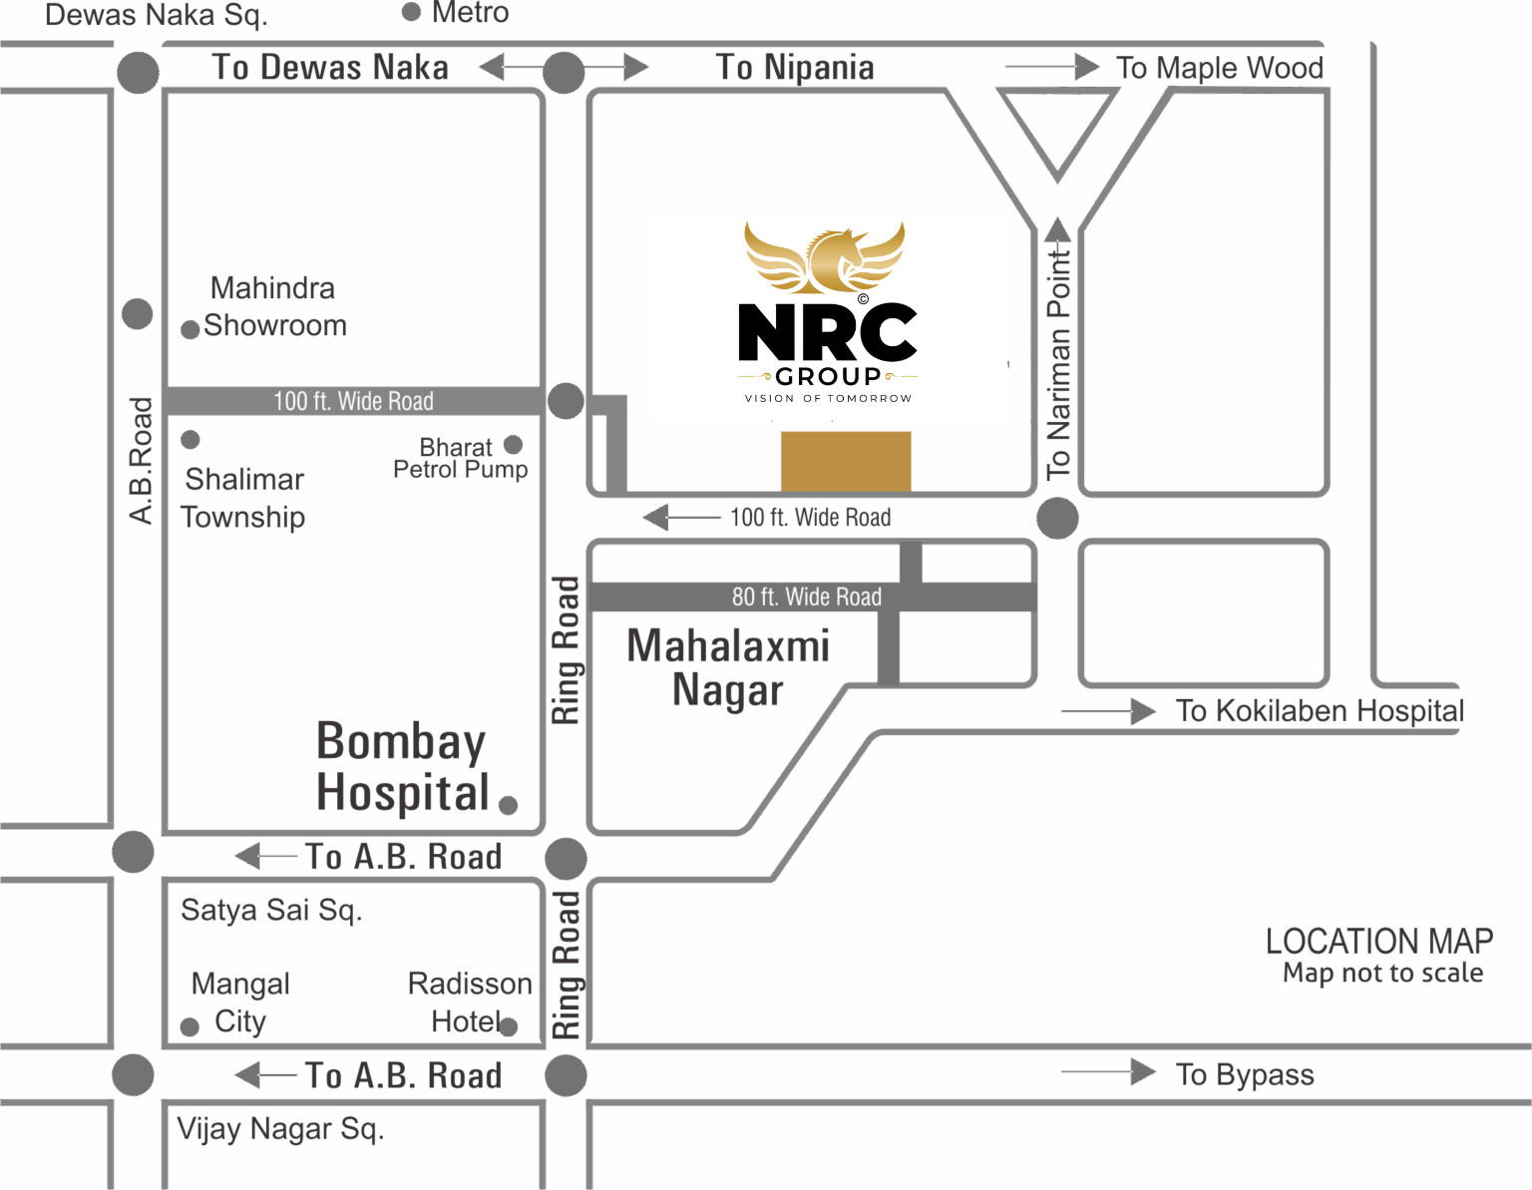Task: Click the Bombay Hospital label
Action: click(x=402, y=767)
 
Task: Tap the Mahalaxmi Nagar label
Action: click(x=728, y=667)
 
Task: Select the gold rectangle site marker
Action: click(x=846, y=461)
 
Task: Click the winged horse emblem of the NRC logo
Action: click(x=825, y=257)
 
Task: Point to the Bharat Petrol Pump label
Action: click(x=461, y=458)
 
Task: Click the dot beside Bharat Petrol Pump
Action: click(x=514, y=445)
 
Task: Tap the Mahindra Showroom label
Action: click(x=273, y=306)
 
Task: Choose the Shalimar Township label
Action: click(x=243, y=498)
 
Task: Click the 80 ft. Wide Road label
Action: click(x=807, y=597)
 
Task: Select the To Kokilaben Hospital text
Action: click(x=1320, y=710)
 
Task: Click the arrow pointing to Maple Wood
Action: click(x=1052, y=67)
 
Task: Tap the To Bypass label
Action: click(x=1245, y=1074)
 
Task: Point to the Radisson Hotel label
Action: click(x=470, y=1002)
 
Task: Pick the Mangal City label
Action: click(x=240, y=1002)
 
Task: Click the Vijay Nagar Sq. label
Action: click(x=280, y=1129)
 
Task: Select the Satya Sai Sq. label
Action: click(x=271, y=910)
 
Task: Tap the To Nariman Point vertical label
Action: click(x=1057, y=364)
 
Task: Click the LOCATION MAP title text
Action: click(x=1379, y=942)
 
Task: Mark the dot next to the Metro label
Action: click(x=411, y=12)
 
